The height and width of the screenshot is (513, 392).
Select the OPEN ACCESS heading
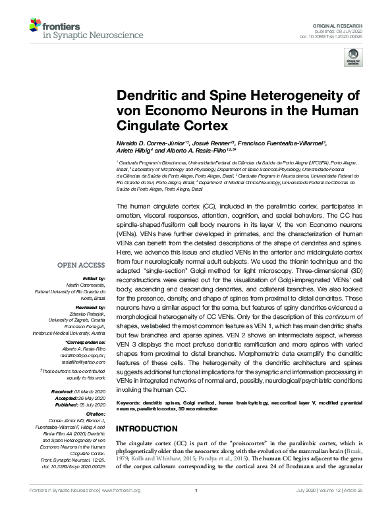pos(81,266)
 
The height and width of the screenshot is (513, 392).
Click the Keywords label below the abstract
pos(131,401)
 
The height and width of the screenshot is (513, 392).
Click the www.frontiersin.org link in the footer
pos(123,491)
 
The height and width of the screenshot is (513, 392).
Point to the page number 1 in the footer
pos(196,491)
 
